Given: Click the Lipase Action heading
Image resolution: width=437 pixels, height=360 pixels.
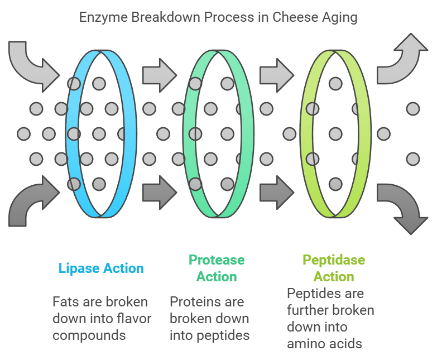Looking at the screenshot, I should [x=101, y=268].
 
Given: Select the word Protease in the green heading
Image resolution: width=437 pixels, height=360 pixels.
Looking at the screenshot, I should [x=217, y=260].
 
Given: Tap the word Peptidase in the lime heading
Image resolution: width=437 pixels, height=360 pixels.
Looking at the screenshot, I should [x=334, y=260].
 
